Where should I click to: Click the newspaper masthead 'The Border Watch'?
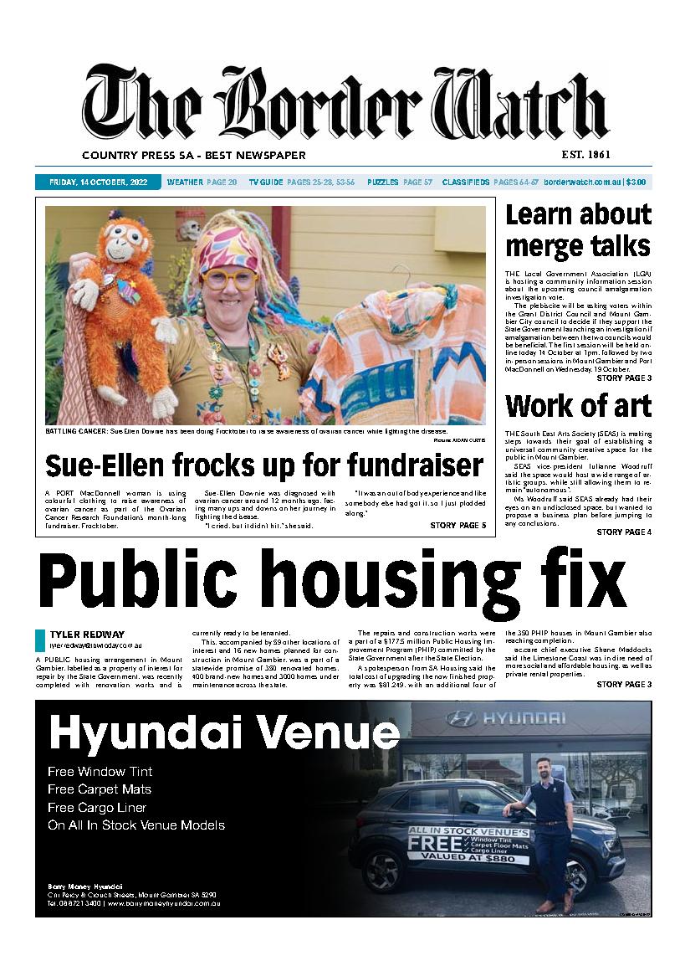pos(344,105)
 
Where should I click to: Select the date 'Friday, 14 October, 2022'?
pos(99,182)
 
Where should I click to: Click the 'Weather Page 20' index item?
pos(202,182)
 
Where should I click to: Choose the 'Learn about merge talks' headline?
pos(578,230)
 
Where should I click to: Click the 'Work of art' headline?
pos(578,406)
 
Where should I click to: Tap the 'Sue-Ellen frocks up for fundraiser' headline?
pos(264,465)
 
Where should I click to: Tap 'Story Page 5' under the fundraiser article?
pos(458,525)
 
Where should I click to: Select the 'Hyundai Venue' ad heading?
pos(223,733)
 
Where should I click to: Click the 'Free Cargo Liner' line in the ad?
pos(97,807)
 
